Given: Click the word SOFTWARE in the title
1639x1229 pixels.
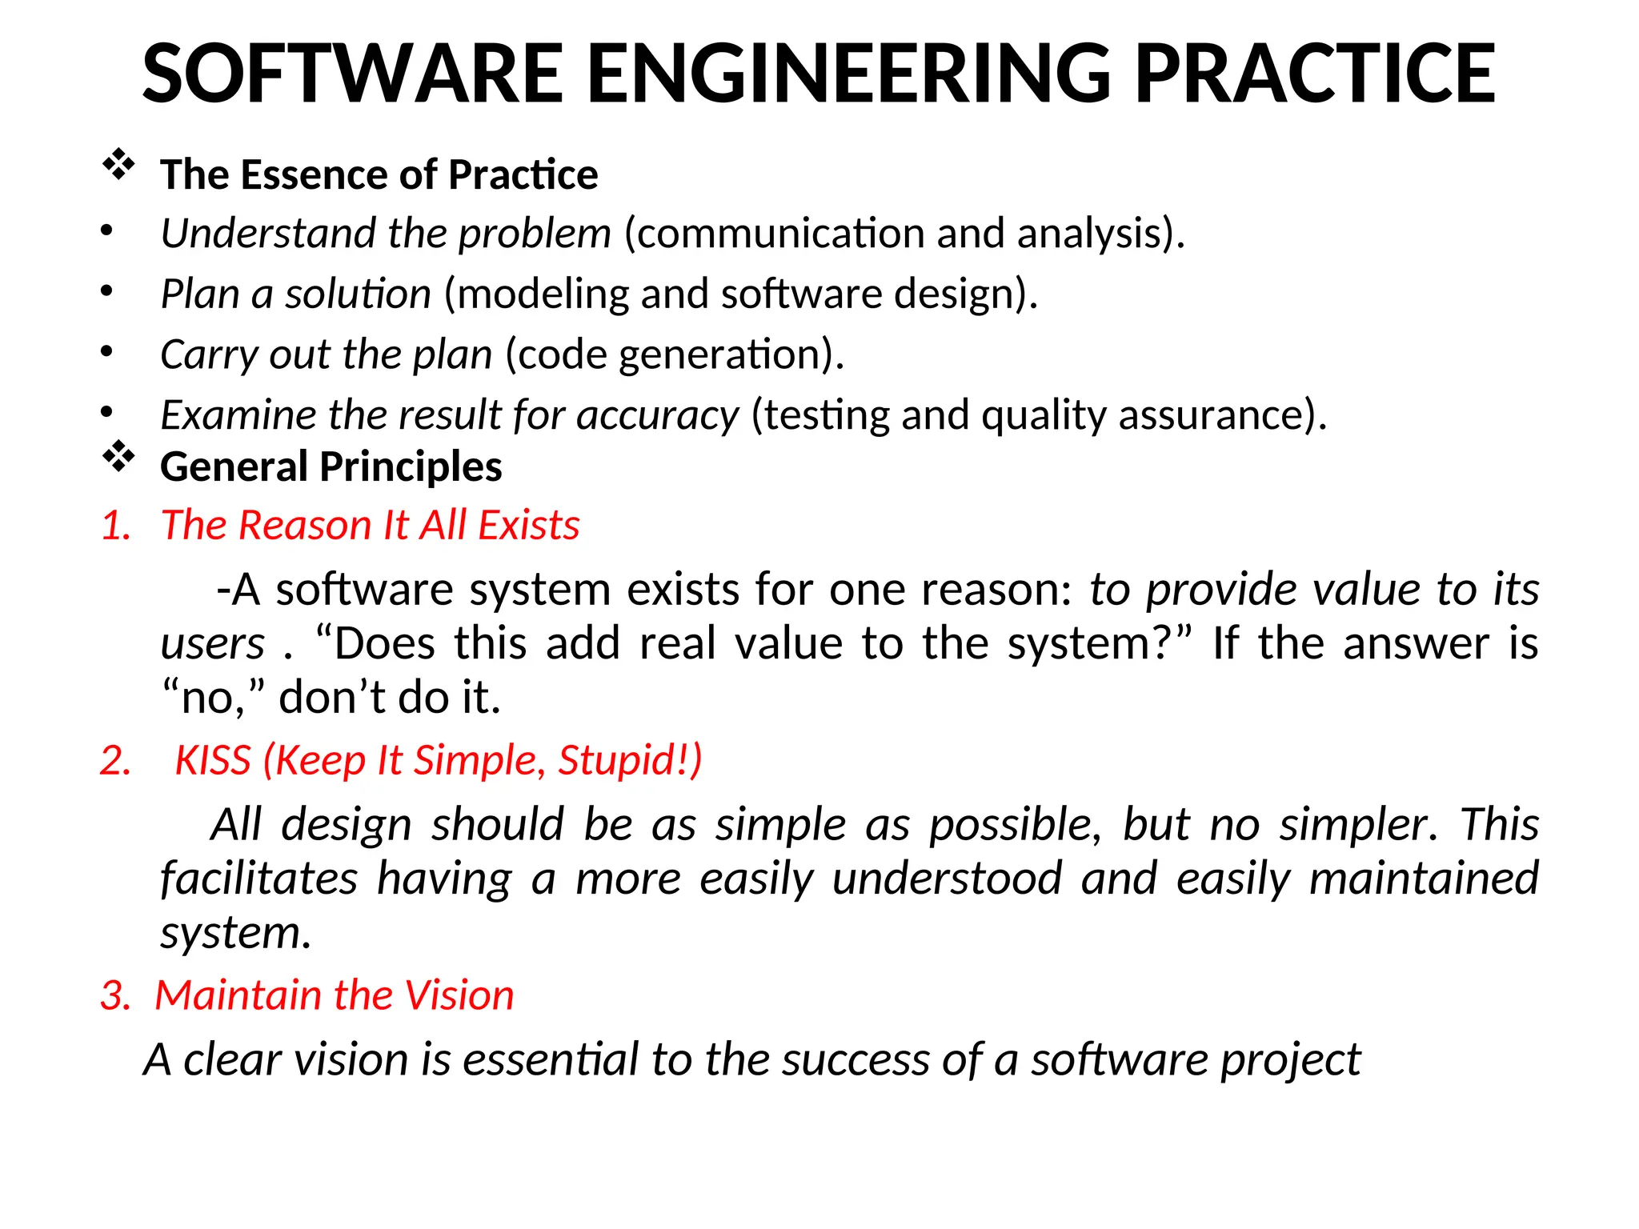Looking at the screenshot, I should tap(353, 74).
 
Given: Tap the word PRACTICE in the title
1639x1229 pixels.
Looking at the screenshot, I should tap(1314, 74).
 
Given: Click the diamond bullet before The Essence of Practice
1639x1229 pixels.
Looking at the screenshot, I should tap(118, 165).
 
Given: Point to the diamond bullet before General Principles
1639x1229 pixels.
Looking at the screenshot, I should tap(118, 457).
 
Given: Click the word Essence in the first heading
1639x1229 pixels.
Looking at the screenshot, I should tap(315, 174).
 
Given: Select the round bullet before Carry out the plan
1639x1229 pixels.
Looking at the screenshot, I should tap(106, 351).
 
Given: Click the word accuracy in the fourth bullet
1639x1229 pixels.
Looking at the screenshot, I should tap(657, 415).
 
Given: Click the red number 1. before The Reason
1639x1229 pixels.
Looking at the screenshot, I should tap(117, 526).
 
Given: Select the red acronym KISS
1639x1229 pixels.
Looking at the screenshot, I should tap(213, 760).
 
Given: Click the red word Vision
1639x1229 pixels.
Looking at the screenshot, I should tap(459, 995).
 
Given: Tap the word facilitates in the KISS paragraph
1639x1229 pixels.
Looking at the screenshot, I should tap(258, 879).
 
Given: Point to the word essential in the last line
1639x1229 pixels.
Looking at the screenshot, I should tap(551, 1059).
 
